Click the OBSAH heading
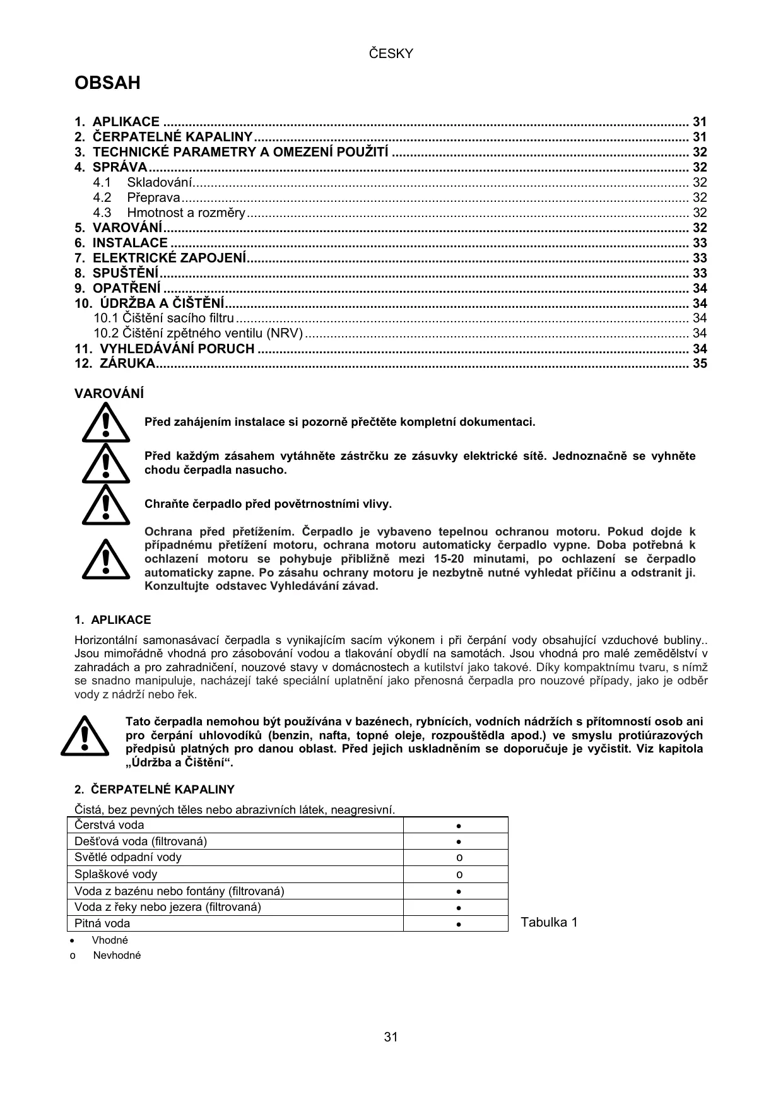point(107,83)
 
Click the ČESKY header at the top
point(391,54)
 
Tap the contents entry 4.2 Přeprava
point(153,197)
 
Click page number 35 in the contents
point(700,363)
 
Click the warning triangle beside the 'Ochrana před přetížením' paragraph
point(105,559)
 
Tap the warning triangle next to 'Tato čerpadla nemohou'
point(85,736)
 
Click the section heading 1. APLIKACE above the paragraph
point(113,620)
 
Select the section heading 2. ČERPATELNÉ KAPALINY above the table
point(155,789)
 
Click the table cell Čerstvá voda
point(109,825)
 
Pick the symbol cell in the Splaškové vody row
point(459,874)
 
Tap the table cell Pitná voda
point(102,923)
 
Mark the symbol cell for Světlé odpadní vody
point(459,858)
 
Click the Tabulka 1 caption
point(549,923)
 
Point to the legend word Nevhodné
point(117,955)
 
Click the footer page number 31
point(391,1037)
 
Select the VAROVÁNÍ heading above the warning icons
point(109,394)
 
